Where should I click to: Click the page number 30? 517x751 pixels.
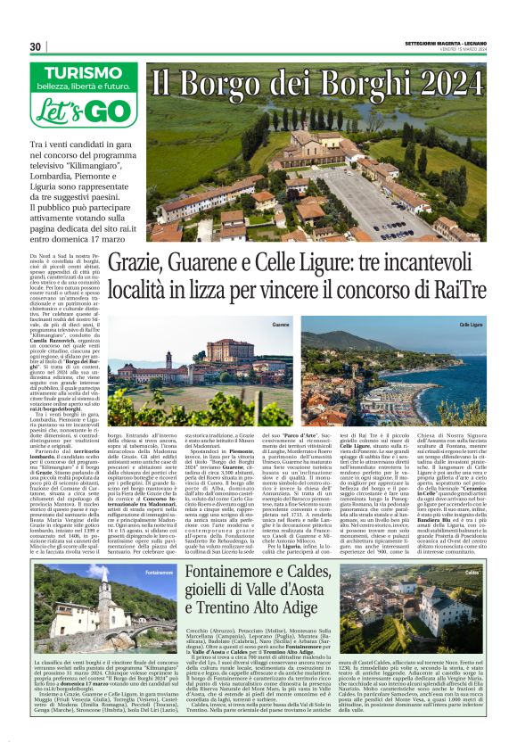point(36,46)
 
